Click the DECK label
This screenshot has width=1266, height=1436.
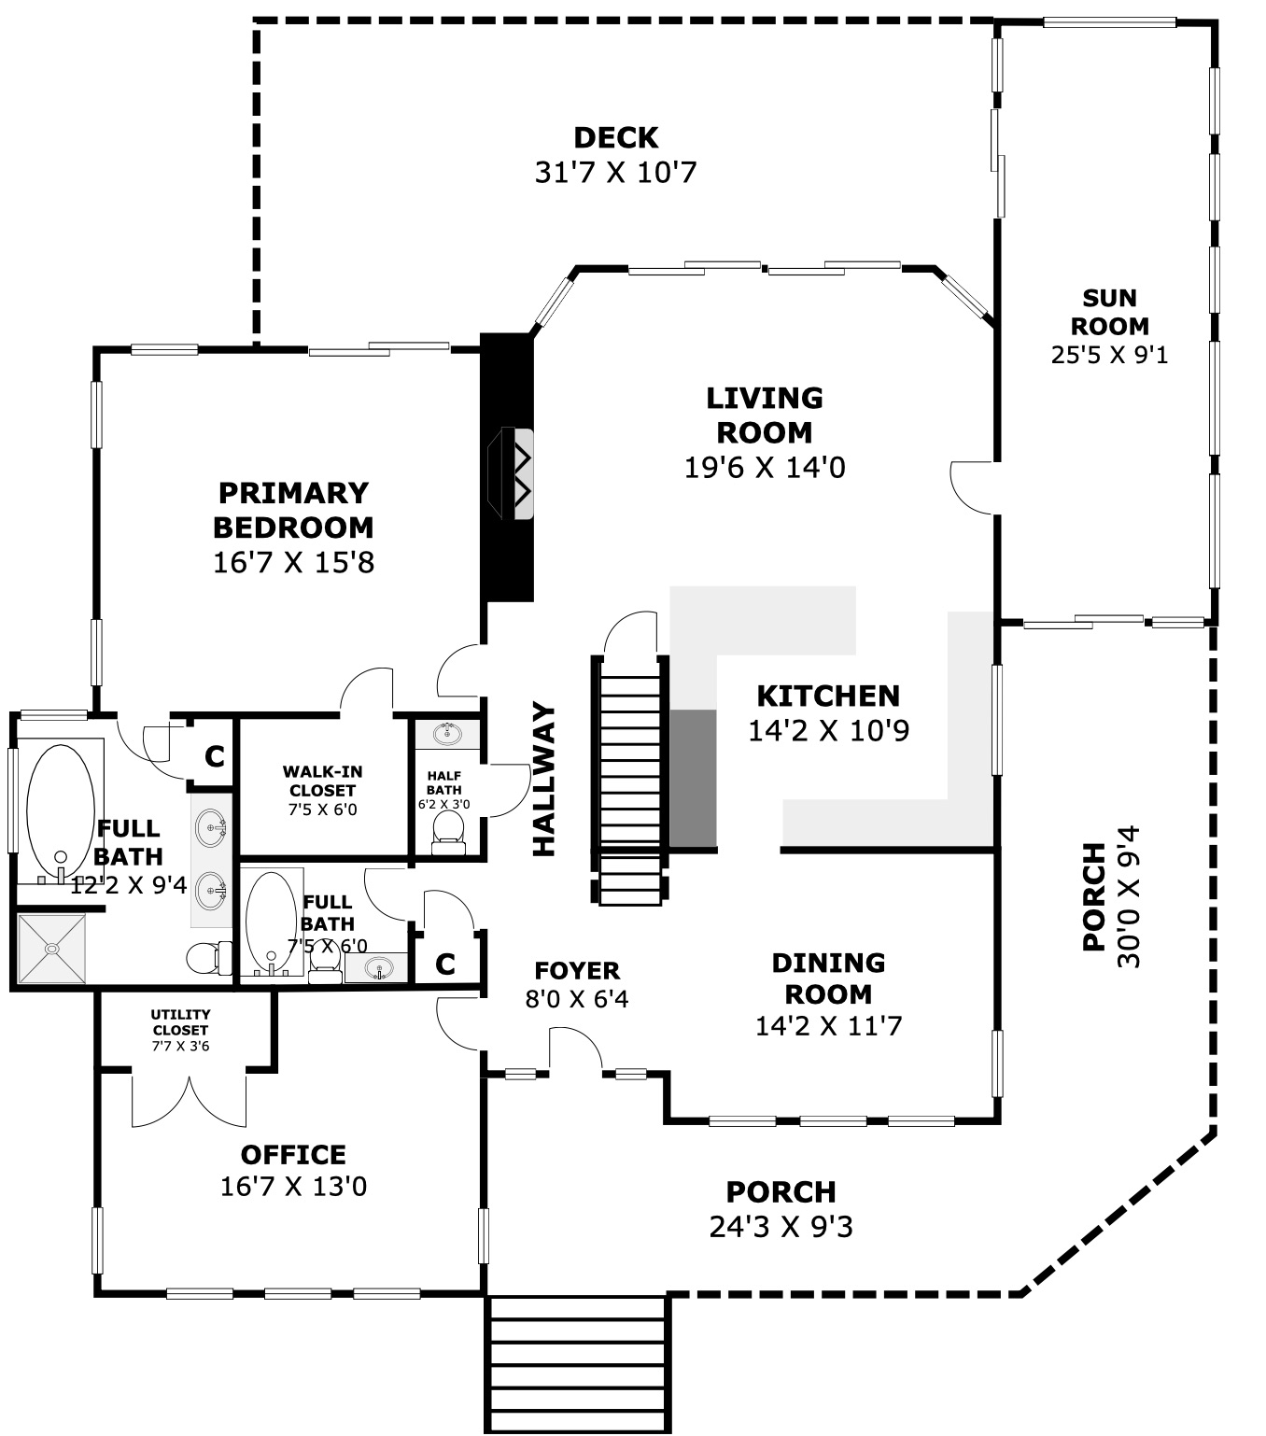[x=615, y=137]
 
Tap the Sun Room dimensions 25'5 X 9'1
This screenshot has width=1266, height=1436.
[x=1108, y=355]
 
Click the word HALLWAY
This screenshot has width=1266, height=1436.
[x=543, y=779]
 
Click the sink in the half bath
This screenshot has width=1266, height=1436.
[x=447, y=733]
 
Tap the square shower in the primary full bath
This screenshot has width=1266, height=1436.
[x=51, y=949]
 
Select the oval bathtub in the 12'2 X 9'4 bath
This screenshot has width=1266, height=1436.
[x=61, y=810]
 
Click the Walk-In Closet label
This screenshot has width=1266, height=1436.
[x=322, y=781]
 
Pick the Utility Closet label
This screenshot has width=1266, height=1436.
[x=180, y=1022]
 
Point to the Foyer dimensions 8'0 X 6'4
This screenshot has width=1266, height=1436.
[x=577, y=999]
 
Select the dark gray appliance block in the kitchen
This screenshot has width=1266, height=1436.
[x=693, y=778]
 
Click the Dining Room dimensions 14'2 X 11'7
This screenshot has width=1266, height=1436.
[x=828, y=1025]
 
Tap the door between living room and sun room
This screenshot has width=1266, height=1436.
[x=976, y=487]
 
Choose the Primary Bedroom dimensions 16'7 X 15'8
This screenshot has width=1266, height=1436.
[x=293, y=563]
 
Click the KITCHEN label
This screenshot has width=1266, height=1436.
[x=828, y=696]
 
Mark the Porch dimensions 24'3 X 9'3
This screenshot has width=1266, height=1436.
[x=781, y=1227]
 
